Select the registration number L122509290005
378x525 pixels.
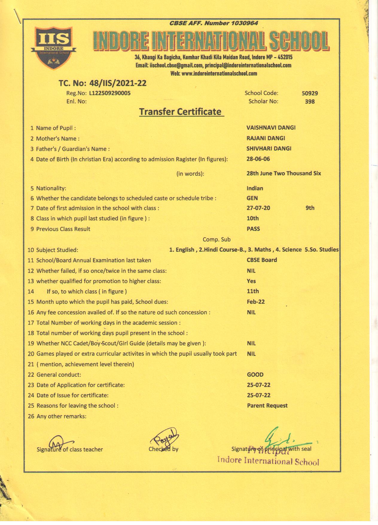pos(110,93)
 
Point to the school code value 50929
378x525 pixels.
pos(310,93)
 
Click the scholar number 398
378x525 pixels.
pos(310,102)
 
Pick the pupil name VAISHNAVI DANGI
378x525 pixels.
pos(271,128)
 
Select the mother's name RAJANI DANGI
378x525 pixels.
pos(266,138)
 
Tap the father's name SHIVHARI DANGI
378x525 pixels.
pos(269,149)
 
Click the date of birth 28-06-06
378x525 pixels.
pos(258,159)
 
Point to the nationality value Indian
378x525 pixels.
pos(255,188)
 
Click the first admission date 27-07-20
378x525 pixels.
pos(258,208)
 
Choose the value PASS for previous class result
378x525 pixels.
pos(253,229)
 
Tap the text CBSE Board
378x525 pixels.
pos(262,260)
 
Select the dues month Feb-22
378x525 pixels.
pos(256,302)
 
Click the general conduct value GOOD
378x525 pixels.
pos(255,375)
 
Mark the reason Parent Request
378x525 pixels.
pos(267,406)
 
